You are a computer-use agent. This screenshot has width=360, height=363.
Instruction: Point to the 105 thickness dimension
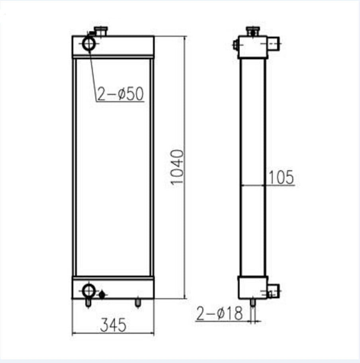[x=281, y=177]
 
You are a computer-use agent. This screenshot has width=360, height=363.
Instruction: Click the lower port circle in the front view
[x=88, y=289]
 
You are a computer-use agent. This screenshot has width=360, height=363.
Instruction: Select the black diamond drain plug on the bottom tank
[x=102, y=294]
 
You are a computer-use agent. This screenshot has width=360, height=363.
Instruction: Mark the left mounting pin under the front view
[x=88, y=303]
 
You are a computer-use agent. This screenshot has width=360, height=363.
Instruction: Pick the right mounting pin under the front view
[x=138, y=303]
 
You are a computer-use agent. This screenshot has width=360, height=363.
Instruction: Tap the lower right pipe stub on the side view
[x=273, y=290]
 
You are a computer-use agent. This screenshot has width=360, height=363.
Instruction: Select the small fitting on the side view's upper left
[x=235, y=45]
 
